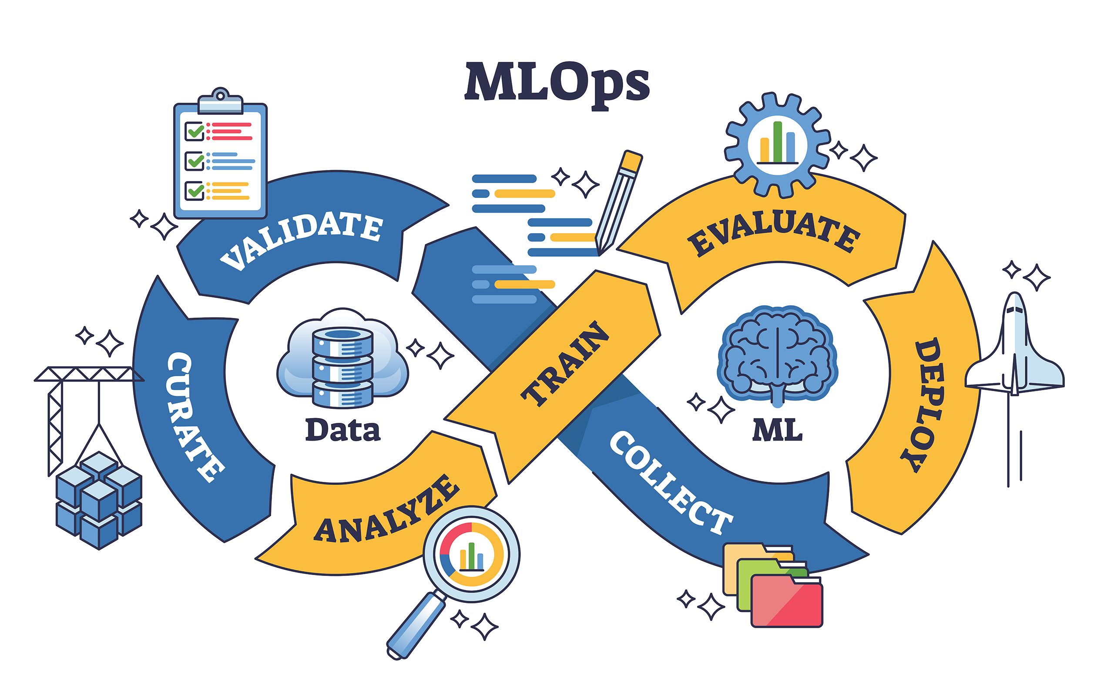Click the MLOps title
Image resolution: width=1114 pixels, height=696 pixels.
click(x=557, y=83)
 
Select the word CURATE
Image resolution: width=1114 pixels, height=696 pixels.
click(x=193, y=417)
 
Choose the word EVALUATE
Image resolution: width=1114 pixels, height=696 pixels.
click(x=773, y=232)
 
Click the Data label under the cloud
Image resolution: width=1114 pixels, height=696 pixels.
click(x=342, y=430)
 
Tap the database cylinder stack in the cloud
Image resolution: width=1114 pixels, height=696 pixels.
click(x=342, y=368)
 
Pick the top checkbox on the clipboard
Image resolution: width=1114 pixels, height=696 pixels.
click(x=194, y=131)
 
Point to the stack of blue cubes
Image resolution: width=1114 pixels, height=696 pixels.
click(x=98, y=499)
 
